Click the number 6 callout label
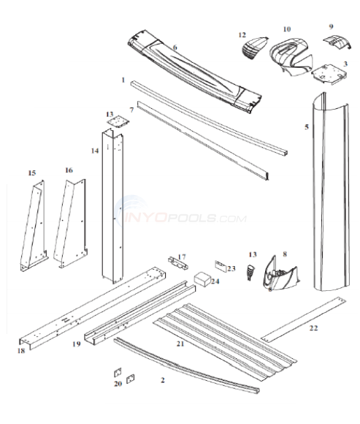(175, 48)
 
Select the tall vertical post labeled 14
(112, 205)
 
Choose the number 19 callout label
(76, 343)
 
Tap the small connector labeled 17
(175, 262)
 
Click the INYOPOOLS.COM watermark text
(190, 217)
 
